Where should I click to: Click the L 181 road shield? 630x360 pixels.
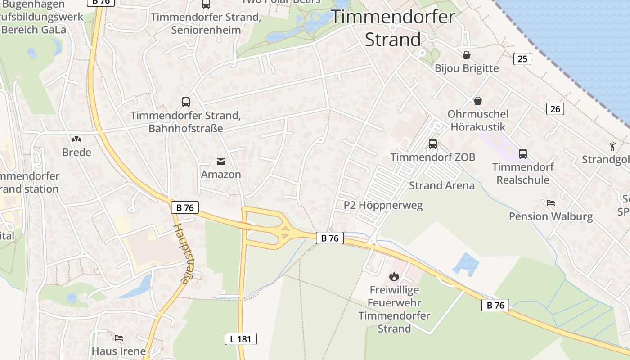(x=241, y=339)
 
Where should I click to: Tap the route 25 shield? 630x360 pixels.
(x=522, y=59)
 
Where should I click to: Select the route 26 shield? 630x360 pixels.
(x=555, y=108)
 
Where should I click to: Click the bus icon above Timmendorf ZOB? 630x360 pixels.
(x=433, y=144)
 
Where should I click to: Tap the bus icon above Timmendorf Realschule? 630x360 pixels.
(x=523, y=154)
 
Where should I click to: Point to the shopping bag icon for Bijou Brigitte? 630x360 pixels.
(x=467, y=55)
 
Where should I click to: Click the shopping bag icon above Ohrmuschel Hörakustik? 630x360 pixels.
(x=477, y=101)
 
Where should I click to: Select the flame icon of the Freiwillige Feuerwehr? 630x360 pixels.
(x=394, y=276)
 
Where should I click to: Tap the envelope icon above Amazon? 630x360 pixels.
(x=221, y=161)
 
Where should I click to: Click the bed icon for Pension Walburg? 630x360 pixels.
(x=551, y=203)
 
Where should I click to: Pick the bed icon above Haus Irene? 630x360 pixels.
(x=119, y=337)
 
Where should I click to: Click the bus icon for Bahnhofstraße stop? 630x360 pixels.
(x=186, y=102)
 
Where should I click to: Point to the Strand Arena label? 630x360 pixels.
(x=441, y=185)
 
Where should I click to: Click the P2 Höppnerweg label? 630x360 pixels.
(x=383, y=206)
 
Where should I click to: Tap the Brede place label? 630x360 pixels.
(x=76, y=152)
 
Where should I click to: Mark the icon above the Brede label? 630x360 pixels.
(x=76, y=139)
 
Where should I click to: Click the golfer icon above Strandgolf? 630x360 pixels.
(x=612, y=146)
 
